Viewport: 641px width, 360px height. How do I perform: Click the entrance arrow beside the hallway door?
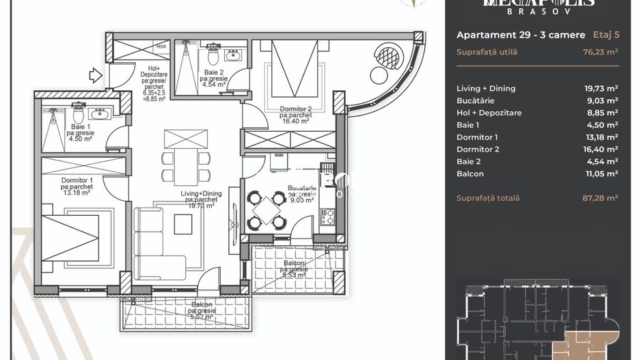click(96, 75)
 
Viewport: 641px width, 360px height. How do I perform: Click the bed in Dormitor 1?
click(70, 237)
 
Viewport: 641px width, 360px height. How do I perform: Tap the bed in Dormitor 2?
click(295, 69)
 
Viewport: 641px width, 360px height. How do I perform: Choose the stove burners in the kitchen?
click(327, 217)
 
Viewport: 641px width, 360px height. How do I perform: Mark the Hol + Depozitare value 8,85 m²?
click(600, 113)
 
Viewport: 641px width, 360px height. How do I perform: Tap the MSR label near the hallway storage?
click(161, 46)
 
